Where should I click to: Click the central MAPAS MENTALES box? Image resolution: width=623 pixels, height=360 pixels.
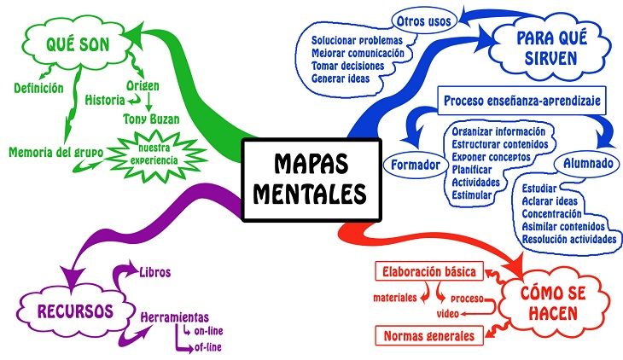pyautogui.click(x=311, y=180)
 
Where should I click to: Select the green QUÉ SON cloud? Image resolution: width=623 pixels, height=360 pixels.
pyautogui.click(x=78, y=44)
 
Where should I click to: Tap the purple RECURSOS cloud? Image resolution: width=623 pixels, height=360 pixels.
pyautogui.click(x=75, y=311)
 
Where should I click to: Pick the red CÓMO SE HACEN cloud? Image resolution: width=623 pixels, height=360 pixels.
pyautogui.click(x=553, y=303)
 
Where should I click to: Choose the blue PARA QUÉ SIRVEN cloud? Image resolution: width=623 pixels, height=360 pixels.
pyautogui.click(x=551, y=48)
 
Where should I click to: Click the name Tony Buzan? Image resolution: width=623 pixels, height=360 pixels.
pyautogui.click(x=151, y=119)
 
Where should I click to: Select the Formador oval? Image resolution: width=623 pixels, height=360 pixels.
pyautogui.click(x=416, y=165)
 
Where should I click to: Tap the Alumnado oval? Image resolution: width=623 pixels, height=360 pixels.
pyautogui.click(x=588, y=163)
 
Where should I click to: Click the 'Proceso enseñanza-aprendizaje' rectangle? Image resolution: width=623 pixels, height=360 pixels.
pyautogui.click(x=521, y=101)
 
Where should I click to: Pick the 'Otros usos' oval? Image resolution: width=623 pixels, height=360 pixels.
pyautogui.click(x=423, y=21)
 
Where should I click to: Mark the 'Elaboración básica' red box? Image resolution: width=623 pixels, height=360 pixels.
pyautogui.click(x=429, y=271)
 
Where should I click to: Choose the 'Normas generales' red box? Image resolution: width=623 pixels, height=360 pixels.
pyautogui.click(x=429, y=336)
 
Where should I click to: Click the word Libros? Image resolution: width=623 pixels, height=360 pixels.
pyautogui.click(x=155, y=272)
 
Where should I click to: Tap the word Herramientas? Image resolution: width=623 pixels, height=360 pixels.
pyautogui.click(x=174, y=317)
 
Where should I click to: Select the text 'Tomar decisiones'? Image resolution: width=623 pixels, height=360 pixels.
pyautogui.click(x=347, y=66)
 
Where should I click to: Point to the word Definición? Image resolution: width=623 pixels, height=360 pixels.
pyautogui.click(x=38, y=88)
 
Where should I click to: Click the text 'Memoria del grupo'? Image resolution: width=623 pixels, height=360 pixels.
pyautogui.click(x=56, y=152)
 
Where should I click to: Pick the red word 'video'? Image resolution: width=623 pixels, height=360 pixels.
pyautogui.click(x=448, y=314)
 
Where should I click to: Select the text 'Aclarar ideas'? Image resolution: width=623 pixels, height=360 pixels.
pyautogui.click(x=550, y=201)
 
